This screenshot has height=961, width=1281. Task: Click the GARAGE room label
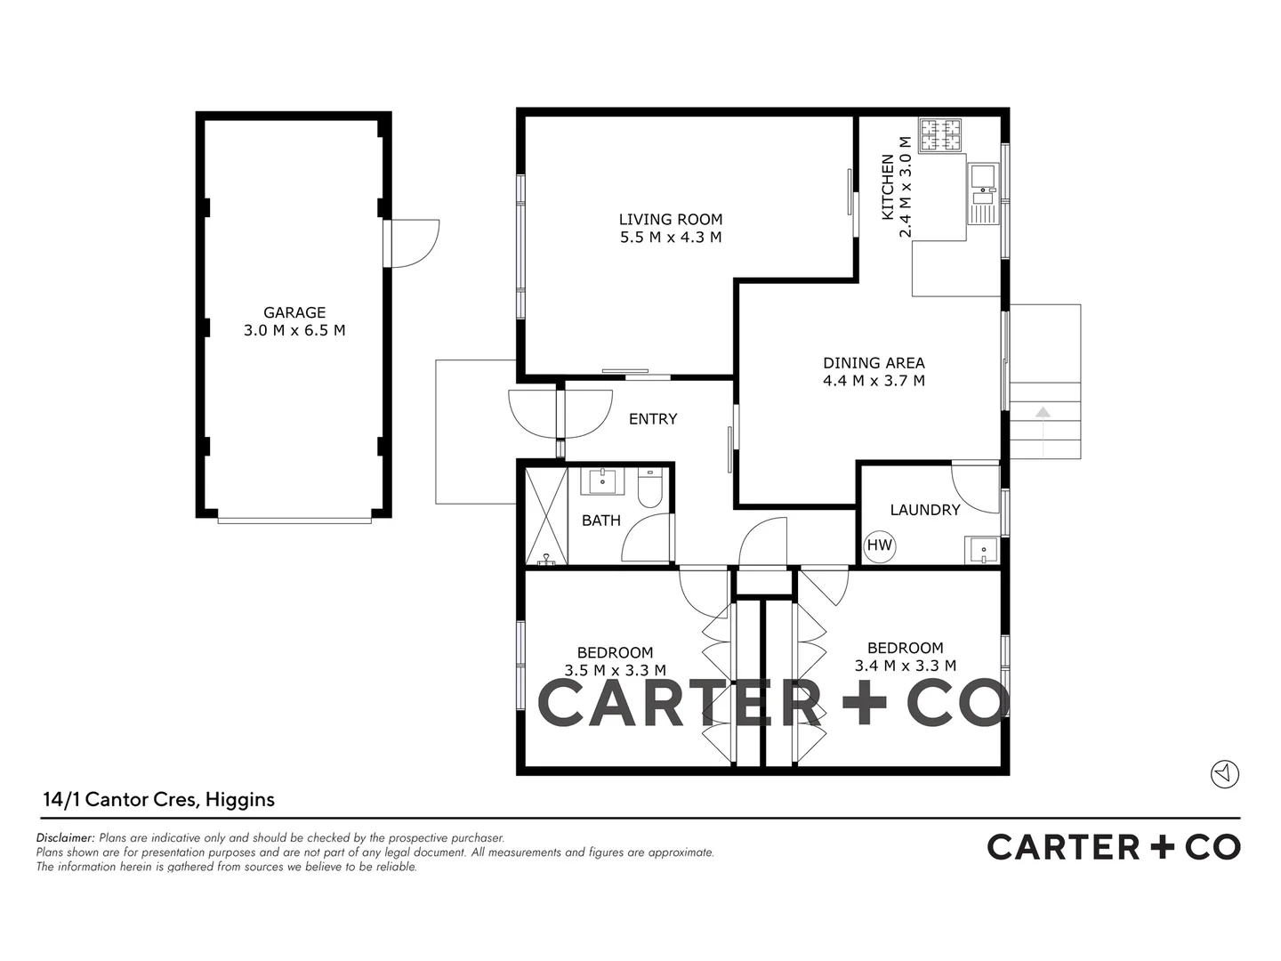(294, 312)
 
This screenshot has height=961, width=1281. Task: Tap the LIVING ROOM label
(671, 220)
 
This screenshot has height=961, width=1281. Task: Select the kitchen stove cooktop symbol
(940, 135)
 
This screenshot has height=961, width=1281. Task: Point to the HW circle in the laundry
(880, 545)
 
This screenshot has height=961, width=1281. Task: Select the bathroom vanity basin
(603, 481)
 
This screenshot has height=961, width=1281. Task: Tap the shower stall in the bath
(546, 516)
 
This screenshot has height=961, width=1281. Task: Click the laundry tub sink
(983, 550)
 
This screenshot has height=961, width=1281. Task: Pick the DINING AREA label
(874, 363)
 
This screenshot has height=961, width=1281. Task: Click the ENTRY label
(653, 419)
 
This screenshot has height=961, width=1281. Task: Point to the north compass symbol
(1225, 773)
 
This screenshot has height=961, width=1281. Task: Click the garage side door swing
(414, 243)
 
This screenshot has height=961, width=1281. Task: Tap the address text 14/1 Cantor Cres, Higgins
(159, 800)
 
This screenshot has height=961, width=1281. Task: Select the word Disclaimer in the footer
(65, 838)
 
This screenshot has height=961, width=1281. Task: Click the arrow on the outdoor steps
(1043, 412)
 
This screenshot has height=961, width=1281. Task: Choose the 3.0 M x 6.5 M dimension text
(294, 331)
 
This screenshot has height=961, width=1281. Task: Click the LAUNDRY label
(925, 510)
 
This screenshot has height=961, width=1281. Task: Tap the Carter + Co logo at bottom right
(1114, 847)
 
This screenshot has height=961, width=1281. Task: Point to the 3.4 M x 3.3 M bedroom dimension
(906, 666)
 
